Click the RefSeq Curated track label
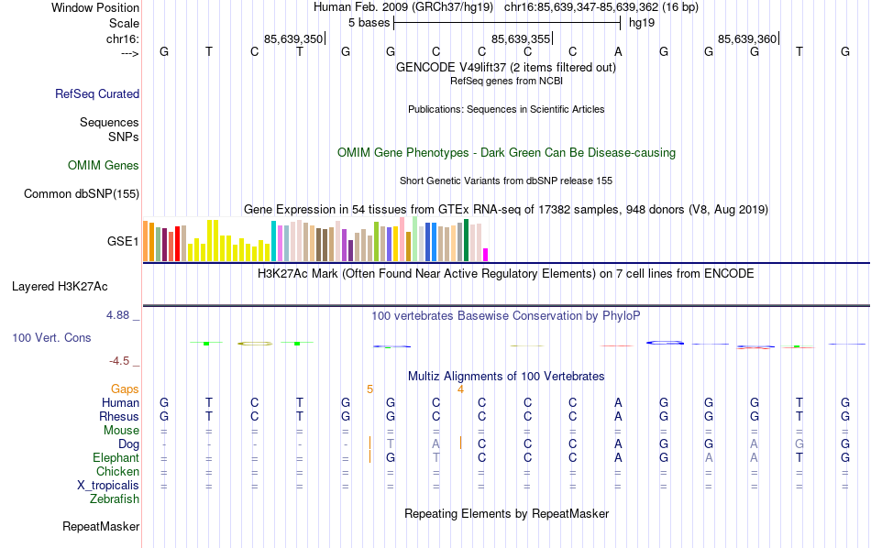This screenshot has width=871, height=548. coord(97,93)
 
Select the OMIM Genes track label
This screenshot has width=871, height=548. coord(104,166)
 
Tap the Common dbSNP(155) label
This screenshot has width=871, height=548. coord(82,193)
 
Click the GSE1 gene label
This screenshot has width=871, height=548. coord(123,242)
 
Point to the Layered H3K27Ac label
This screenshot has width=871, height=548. coord(75,286)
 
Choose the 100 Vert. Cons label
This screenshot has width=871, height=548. coord(51,338)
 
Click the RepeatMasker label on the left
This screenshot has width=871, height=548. coord(101,527)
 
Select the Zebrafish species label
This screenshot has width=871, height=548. coord(115,499)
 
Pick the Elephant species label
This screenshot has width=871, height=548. coord(116,457)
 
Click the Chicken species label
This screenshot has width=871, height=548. coord(117,471)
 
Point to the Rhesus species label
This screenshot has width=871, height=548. coord(118,416)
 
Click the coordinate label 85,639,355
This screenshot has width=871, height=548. coord(521,39)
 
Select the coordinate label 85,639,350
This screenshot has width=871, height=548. coord(292,39)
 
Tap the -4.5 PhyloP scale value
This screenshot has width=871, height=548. coord(120,361)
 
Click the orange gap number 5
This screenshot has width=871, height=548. coord(370,389)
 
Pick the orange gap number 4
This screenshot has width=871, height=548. coord(460,389)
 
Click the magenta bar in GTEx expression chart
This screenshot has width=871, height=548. coord(486,255)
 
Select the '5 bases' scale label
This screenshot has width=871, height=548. coord(369,22)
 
